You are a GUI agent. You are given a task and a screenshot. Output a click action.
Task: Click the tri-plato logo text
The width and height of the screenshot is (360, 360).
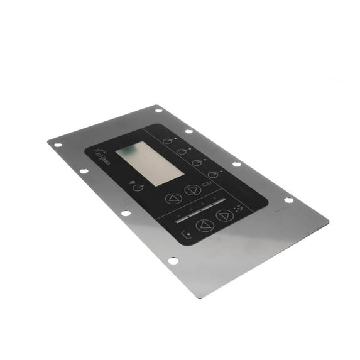(102, 155)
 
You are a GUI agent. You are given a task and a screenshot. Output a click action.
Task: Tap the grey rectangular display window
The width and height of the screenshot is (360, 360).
(141, 163)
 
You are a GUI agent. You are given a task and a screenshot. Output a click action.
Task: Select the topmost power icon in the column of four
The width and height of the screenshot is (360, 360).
(167, 141)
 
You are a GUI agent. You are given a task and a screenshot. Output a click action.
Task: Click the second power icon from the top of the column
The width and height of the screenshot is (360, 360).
(182, 151)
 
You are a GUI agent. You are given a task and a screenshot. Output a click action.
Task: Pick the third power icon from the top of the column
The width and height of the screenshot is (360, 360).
(197, 163)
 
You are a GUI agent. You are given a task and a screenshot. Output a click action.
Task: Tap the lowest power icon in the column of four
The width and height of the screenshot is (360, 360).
(212, 175)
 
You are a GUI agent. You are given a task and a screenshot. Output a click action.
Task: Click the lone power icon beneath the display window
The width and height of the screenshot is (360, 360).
(138, 187)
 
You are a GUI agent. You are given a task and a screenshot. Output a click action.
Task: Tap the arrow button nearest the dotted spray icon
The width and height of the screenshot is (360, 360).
(225, 215)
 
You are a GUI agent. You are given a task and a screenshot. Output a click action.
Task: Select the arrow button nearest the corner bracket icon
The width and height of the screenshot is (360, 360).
(204, 225)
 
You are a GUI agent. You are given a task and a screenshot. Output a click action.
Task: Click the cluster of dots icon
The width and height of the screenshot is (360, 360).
(238, 209)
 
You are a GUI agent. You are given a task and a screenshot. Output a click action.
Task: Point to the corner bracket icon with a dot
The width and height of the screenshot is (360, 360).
(186, 236)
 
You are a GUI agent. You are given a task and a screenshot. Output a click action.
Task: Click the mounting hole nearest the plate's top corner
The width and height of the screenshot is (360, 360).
(158, 110)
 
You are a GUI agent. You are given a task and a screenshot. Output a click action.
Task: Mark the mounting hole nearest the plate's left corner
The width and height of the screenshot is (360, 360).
(58, 145)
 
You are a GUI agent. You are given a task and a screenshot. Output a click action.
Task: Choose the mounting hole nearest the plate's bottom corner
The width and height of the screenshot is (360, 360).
(173, 260)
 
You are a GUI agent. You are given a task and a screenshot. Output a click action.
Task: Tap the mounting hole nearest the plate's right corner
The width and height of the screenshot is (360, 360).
(288, 200)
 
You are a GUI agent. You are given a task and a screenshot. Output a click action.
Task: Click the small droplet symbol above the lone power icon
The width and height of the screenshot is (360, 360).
(132, 183)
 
